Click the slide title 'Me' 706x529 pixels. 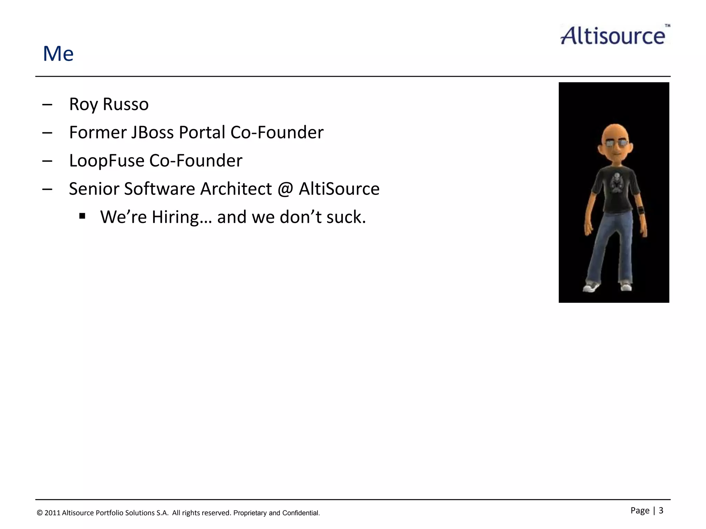pos(58,54)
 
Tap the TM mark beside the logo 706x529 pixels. pos(667,25)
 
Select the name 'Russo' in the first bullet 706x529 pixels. pos(125,104)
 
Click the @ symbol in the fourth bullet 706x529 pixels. pos(285,189)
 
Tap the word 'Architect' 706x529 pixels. pos(236,189)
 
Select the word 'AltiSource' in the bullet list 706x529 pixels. pos(339,189)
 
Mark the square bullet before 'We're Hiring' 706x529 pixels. pos(82,216)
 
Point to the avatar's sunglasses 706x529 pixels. pos(616,144)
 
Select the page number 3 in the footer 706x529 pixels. pos(661,510)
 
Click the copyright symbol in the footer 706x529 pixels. pos(40,513)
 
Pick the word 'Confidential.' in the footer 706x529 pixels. pos(301,513)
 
